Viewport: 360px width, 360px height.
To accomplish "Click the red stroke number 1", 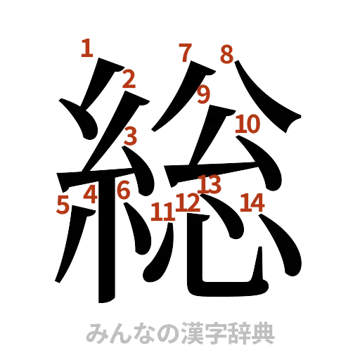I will (x=86, y=49).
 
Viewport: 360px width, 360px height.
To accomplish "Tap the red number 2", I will (x=128, y=79).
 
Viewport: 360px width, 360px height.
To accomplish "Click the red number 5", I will (x=63, y=205).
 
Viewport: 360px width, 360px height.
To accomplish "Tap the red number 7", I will (x=185, y=52).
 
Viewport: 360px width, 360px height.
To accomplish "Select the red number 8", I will (x=226, y=53).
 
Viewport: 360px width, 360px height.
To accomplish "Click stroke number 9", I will (x=204, y=94).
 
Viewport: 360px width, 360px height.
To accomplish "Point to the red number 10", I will (x=247, y=124).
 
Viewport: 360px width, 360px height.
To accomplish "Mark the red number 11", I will (x=162, y=210).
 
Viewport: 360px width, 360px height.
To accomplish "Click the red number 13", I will (x=209, y=184).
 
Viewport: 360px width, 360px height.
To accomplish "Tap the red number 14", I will (x=252, y=202).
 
